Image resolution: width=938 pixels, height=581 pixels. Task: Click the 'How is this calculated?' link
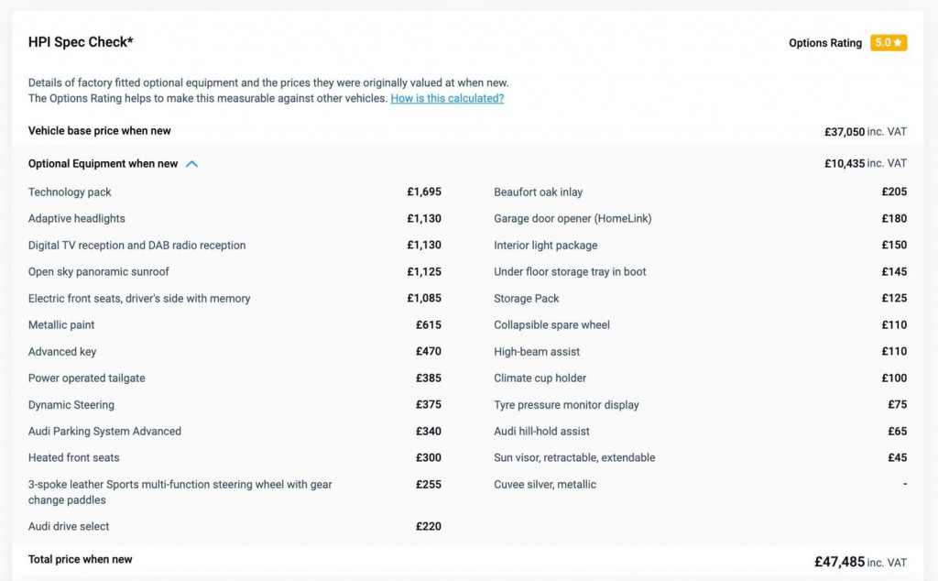point(447,98)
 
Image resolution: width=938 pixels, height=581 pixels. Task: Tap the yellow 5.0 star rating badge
point(889,43)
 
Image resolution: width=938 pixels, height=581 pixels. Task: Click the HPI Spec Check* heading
point(82,42)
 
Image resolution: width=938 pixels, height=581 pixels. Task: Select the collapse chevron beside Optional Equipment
point(191,164)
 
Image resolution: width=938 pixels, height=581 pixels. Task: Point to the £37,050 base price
point(844,132)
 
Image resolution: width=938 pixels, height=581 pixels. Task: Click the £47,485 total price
point(839,562)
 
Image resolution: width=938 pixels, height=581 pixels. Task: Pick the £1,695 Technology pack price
point(424,192)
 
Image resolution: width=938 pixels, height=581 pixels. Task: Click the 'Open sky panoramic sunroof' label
point(99,272)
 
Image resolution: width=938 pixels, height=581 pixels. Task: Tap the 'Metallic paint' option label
point(61,325)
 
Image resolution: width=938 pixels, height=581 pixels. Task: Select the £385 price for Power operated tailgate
point(428,378)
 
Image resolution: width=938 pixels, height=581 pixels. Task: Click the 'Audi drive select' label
point(69,527)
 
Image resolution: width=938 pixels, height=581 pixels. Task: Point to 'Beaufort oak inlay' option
point(538,192)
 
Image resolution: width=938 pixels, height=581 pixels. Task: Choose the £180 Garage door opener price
point(894,219)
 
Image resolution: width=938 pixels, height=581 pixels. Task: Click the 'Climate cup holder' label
point(540,378)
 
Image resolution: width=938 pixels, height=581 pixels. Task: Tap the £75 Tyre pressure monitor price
point(897,405)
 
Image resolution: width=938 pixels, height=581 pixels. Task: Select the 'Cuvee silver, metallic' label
point(545,485)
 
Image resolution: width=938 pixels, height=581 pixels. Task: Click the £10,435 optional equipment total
point(844,164)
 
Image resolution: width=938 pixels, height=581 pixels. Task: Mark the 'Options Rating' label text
point(824,43)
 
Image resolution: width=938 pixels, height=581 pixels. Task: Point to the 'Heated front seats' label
point(74,458)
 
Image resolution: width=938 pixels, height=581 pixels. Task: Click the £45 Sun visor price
point(897,458)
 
